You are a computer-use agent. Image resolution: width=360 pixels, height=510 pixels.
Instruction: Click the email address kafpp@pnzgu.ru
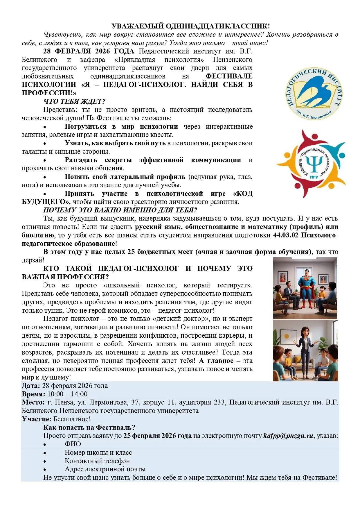(288, 436)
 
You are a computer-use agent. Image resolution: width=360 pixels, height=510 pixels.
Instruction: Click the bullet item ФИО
(73, 444)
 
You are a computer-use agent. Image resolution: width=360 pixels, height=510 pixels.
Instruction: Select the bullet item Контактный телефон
(97, 461)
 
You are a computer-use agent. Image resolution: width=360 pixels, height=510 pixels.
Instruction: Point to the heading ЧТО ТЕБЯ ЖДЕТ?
(74, 101)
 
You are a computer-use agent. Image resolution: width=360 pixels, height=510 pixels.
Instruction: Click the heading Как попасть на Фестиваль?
(89, 427)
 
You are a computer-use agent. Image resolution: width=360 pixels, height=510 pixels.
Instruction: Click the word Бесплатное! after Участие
(72, 419)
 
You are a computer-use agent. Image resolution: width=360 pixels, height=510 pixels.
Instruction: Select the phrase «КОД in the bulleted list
(243, 194)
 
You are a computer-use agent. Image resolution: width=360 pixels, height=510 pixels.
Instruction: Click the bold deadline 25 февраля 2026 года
(157, 436)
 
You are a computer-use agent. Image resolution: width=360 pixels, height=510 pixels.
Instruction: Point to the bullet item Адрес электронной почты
(105, 469)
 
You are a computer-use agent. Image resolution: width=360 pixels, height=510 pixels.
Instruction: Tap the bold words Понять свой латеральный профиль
(125, 177)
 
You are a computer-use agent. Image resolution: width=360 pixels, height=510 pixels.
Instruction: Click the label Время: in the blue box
(33, 394)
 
